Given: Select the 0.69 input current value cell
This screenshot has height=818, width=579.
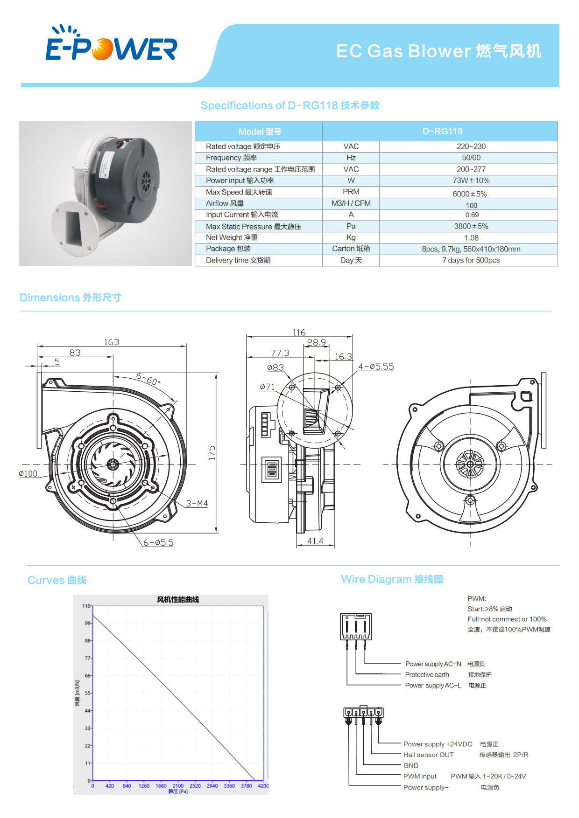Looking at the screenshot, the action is pyautogui.click(x=472, y=215).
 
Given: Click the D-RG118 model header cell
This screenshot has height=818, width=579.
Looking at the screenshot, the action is pyautogui.click(x=442, y=131).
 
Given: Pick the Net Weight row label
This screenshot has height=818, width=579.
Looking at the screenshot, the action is pyautogui.click(x=232, y=237).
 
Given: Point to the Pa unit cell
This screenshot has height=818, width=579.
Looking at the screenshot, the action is pyautogui.click(x=351, y=226).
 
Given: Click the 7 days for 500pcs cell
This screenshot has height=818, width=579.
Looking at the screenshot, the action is pyautogui.click(x=471, y=260).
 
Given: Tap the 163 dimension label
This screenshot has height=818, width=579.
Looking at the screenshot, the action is pyautogui.click(x=112, y=342).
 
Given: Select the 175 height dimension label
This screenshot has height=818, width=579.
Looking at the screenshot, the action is pyautogui.click(x=212, y=453).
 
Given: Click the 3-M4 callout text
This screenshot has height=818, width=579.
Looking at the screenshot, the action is pyautogui.click(x=197, y=503).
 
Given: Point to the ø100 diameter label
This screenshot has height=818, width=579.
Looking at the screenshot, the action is pyautogui.click(x=28, y=473).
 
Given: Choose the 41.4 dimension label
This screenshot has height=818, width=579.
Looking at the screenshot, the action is pyautogui.click(x=315, y=541).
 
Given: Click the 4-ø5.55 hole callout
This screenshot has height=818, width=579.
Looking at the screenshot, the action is pyautogui.click(x=376, y=367).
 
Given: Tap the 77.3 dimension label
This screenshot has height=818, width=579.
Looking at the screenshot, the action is pyautogui.click(x=280, y=353).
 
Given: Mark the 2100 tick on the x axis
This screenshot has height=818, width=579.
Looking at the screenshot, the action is pyautogui.click(x=178, y=786).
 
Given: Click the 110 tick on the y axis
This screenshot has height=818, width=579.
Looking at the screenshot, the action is pyautogui.click(x=86, y=606).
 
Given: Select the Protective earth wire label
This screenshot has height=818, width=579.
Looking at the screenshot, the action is pyautogui.click(x=427, y=674).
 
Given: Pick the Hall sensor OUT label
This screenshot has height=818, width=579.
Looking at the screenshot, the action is pyautogui.click(x=428, y=755).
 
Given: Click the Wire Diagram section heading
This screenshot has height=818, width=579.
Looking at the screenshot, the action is pyautogui.click(x=392, y=579).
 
